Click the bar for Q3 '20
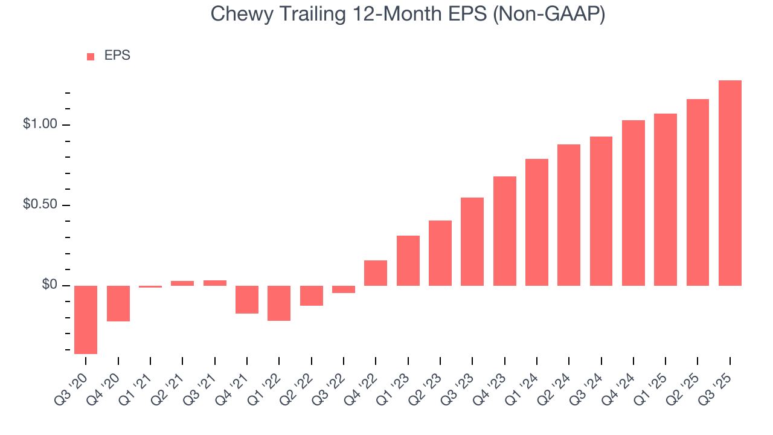86,320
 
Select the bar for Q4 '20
118,303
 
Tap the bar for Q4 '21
247,300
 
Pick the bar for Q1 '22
279,303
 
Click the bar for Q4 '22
376,273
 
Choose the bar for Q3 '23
472,242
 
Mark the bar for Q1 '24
537,222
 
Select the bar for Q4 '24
633,203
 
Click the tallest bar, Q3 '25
730,183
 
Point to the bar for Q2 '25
698,192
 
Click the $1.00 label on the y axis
40,124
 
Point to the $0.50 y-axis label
40,205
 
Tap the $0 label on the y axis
50,285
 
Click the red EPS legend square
91,56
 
